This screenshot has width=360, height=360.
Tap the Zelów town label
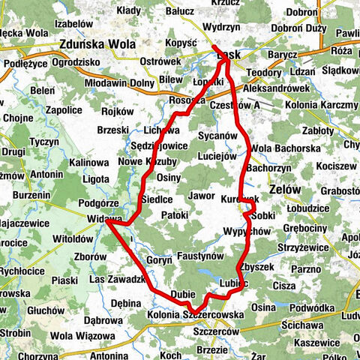coord(281,190)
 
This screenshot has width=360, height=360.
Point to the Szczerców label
coord(217,331)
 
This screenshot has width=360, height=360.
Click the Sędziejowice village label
coord(160,145)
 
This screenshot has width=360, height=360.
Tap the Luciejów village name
coord(217,156)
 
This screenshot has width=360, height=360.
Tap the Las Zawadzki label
coord(116,279)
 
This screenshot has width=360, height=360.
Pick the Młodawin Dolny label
coord(120,83)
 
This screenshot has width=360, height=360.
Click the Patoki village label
coord(175,215)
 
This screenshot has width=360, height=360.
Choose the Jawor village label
coord(202,196)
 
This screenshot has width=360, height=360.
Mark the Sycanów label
coord(218,136)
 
